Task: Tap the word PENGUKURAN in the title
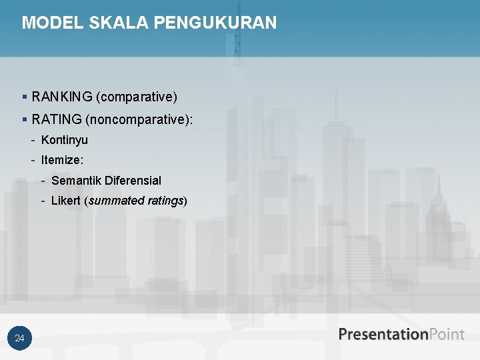point(215,23)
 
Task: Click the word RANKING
point(61,97)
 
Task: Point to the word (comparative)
point(137,97)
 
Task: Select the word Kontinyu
point(65,140)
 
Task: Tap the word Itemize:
point(62,160)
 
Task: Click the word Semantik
point(77,181)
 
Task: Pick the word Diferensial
point(133,181)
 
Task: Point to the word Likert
point(66,201)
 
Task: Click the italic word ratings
point(164,201)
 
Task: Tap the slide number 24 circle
point(20,339)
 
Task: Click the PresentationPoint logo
point(401,334)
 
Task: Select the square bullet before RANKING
point(25,98)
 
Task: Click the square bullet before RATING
point(25,120)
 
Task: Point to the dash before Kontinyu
point(33,140)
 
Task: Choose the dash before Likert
point(43,201)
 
